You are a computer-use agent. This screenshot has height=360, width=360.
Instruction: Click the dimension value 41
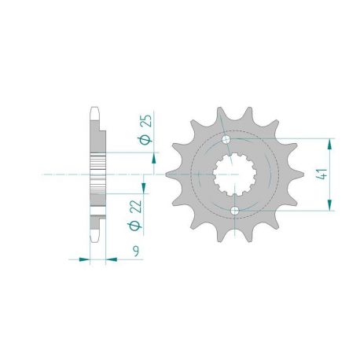321,174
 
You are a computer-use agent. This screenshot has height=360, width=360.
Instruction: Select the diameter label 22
136,207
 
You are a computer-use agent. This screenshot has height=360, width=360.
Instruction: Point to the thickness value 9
135,252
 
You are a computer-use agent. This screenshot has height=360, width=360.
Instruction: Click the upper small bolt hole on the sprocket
226,139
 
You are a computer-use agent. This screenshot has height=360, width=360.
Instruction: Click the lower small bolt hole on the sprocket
235,210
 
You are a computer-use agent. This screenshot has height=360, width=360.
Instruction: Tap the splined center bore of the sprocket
234,174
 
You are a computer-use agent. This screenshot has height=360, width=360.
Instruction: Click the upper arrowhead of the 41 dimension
329,144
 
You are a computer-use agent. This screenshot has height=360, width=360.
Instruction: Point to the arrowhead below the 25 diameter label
154,159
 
